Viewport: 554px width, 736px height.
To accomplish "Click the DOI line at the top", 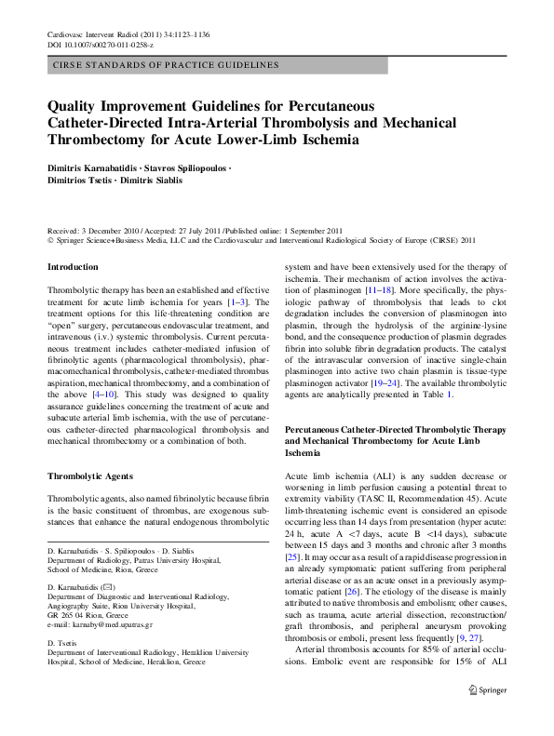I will click(100, 44).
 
